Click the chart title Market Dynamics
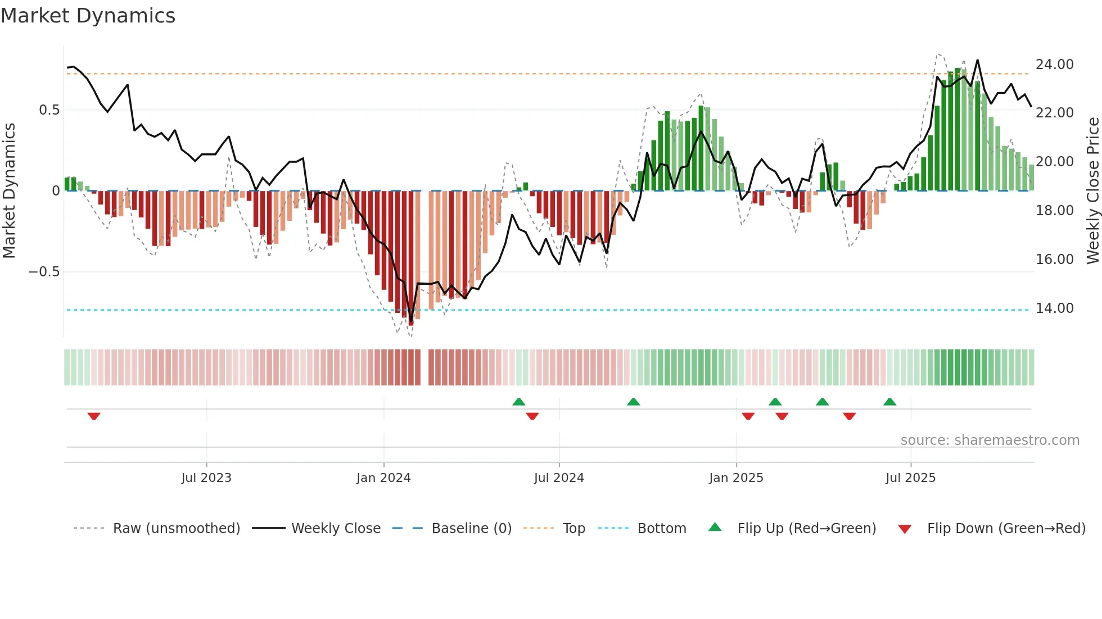point(88,16)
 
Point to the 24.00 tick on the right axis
point(1054,65)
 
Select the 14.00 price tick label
point(1054,308)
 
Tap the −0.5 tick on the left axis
point(44,272)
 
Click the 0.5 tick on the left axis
point(49,110)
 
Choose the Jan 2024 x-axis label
point(383,478)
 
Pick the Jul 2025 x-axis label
point(910,478)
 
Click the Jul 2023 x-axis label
point(206,478)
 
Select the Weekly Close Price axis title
point(1092,191)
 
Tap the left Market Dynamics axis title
point(9,191)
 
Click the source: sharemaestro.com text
point(990,440)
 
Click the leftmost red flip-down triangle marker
point(94,416)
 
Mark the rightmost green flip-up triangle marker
point(889,402)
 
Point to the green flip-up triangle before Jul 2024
point(519,402)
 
